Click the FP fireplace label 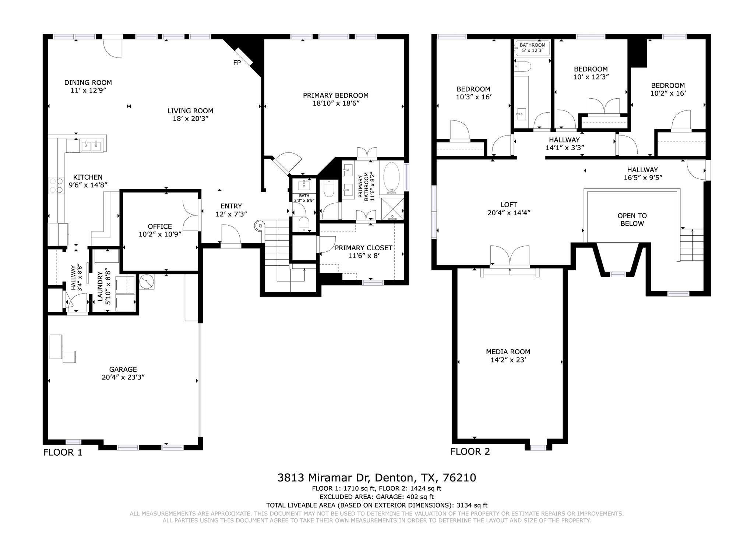237,63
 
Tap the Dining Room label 88,82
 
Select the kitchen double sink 91,146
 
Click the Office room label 160,226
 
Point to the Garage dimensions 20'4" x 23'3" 123,377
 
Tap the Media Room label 508,352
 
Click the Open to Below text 632,220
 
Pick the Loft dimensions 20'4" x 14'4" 509,213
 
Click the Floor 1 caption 63,452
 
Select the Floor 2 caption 470,452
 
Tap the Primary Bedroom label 336,95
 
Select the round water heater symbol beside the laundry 147,282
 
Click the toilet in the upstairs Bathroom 523,66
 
